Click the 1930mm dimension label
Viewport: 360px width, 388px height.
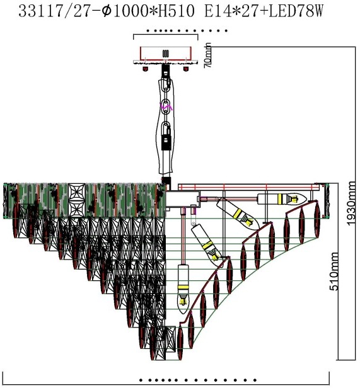pos(352,203)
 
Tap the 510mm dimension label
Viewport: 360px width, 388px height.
pos(334,271)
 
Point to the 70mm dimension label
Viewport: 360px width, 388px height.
pos(207,55)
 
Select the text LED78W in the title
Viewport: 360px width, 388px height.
pos(296,11)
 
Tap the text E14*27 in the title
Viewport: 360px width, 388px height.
pos(233,11)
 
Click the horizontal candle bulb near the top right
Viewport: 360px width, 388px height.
pos(282,198)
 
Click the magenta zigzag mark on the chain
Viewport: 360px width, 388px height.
pos(166,106)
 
